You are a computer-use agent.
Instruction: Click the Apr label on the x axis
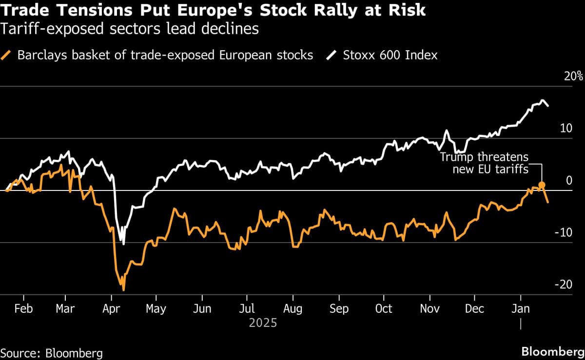click(x=112, y=309)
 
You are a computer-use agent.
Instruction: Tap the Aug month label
click(x=293, y=309)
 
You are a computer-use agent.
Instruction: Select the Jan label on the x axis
click(x=521, y=309)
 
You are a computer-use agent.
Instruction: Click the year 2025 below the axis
click(x=263, y=322)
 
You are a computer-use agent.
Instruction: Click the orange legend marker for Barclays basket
click(x=8, y=55)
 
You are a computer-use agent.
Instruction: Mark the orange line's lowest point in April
click(x=123, y=290)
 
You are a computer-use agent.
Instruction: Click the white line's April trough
click(x=124, y=244)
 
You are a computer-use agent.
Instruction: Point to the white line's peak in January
click(x=543, y=101)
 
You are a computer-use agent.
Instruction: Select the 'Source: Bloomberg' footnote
click(x=51, y=353)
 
